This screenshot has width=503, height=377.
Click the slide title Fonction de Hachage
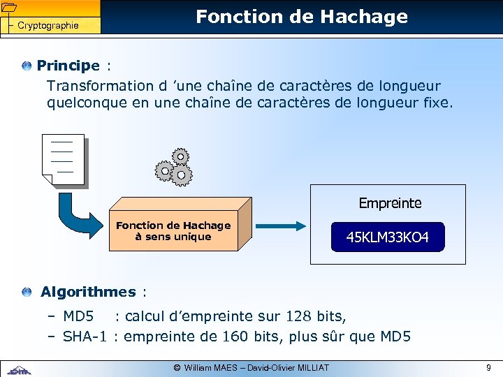[301, 17]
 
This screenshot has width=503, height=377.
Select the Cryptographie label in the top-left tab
[48, 26]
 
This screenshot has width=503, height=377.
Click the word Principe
[68, 66]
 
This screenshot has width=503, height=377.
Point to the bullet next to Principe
[27, 66]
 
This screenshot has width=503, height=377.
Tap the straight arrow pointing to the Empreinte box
[279, 226]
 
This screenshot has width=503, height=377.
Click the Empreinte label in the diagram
[390, 203]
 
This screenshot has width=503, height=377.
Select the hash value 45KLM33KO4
[387, 238]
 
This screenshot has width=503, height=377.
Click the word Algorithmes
[88, 292]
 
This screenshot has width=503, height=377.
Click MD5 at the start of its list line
[78, 316]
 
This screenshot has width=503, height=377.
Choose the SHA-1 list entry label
[84, 337]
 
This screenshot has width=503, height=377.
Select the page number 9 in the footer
[488, 367]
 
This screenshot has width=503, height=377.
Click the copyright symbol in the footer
[177, 367]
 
